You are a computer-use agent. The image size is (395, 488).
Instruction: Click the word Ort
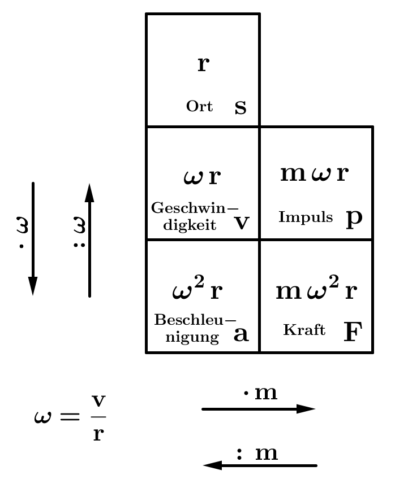click(199, 106)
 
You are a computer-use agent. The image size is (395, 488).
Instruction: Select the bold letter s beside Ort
click(241, 107)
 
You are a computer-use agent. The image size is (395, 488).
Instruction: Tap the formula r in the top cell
click(203, 64)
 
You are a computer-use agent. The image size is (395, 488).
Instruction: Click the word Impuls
click(306, 217)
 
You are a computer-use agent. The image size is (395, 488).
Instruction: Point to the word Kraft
click(304, 330)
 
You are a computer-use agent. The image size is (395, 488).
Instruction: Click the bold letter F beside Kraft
click(353, 332)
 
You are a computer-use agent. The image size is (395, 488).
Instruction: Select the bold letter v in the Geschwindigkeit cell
click(242, 224)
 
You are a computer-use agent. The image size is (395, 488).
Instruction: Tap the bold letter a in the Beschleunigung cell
click(241, 335)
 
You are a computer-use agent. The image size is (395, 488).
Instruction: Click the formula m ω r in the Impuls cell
click(315, 174)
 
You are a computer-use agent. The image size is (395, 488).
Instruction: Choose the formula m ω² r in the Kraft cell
click(316, 291)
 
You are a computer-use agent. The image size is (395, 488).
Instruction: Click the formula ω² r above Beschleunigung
click(197, 291)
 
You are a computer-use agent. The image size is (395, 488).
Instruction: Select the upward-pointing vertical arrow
click(89, 239)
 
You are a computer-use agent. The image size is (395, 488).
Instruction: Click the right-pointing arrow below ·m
click(258, 409)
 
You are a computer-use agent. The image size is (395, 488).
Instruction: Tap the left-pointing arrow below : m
click(260, 465)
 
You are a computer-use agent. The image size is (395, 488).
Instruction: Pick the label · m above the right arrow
click(261, 393)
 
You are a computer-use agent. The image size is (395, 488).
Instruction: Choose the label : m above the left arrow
click(257, 453)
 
